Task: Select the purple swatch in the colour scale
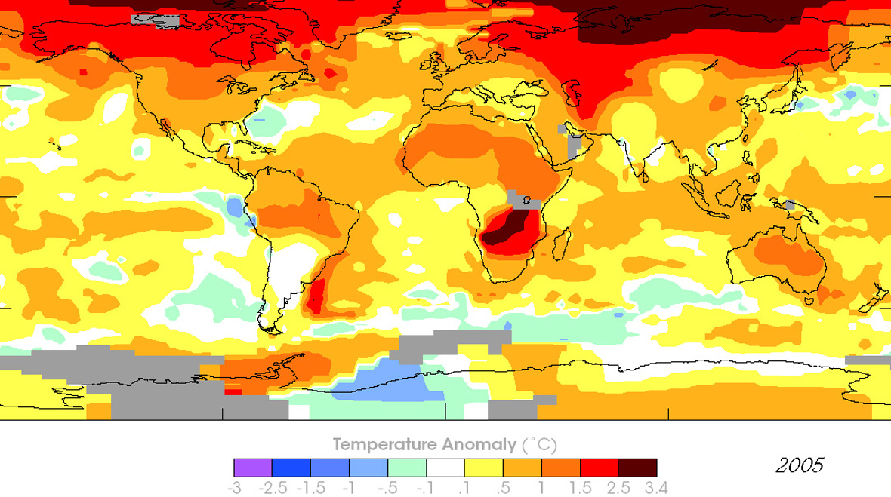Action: tap(253, 468)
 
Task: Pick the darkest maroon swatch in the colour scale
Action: tap(637, 468)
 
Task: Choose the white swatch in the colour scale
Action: tap(445, 468)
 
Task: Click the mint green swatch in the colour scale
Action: tap(406, 468)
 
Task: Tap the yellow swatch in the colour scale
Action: tap(483, 468)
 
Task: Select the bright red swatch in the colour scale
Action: tap(599, 468)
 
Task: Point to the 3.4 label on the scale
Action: tap(657, 489)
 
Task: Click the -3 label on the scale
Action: tap(234, 489)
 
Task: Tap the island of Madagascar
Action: tap(561, 244)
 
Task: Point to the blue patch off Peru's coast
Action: tap(236, 206)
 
